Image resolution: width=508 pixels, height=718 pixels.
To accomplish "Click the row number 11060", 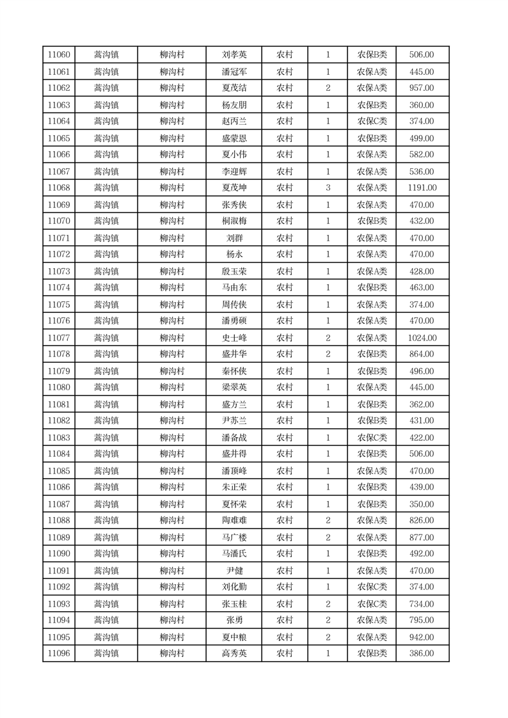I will click(x=59, y=55).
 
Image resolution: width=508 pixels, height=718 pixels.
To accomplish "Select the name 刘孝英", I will click(x=234, y=55).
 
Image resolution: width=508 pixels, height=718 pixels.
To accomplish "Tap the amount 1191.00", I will click(x=422, y=187).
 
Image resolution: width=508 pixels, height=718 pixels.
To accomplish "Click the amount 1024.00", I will click(x=422, y=338).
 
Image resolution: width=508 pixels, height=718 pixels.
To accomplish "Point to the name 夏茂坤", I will click(x=234, y=187).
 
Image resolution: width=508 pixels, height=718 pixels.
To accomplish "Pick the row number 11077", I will click(x=59, y=338).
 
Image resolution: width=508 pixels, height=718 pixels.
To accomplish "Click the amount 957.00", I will click(x=422, y=88).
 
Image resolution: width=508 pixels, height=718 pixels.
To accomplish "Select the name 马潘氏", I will click(x=234, y=554).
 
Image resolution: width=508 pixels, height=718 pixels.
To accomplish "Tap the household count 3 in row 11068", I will click(x=328, y=187).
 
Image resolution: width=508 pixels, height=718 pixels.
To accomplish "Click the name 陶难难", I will click(x=234, y=520).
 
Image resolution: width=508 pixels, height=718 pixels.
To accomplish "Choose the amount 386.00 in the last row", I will click(x=422, y=653).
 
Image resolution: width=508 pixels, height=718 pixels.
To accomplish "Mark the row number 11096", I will click(x=59, y=653).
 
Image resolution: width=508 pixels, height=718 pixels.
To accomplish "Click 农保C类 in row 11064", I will click(x=372, y=122).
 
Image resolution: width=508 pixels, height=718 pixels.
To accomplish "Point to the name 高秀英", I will click(x=234, y=653).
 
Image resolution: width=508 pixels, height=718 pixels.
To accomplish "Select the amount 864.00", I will click(x=422, y=354).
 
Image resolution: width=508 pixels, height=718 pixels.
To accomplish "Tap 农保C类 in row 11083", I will click(x=372, y=438).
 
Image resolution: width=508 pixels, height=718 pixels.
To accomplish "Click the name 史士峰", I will click(x=234, y=338).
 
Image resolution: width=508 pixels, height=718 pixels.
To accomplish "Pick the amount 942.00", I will click(x=422, y=637).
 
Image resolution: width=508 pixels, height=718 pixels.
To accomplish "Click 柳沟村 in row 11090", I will click(x=172, y=554).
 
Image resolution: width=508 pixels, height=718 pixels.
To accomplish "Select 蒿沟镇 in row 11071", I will click(x=106, y=238).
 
